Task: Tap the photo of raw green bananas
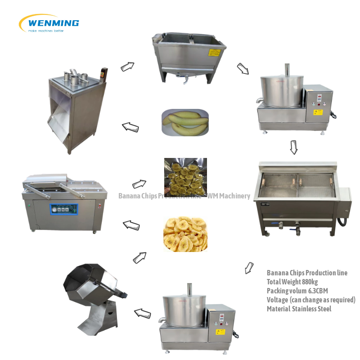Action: tap(185, 121)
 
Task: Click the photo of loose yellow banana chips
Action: tap(185, 233)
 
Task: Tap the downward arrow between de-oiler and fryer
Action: tap(293, 147)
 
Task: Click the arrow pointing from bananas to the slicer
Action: tap(130, 127)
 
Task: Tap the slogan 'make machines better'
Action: tap(45, 31)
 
